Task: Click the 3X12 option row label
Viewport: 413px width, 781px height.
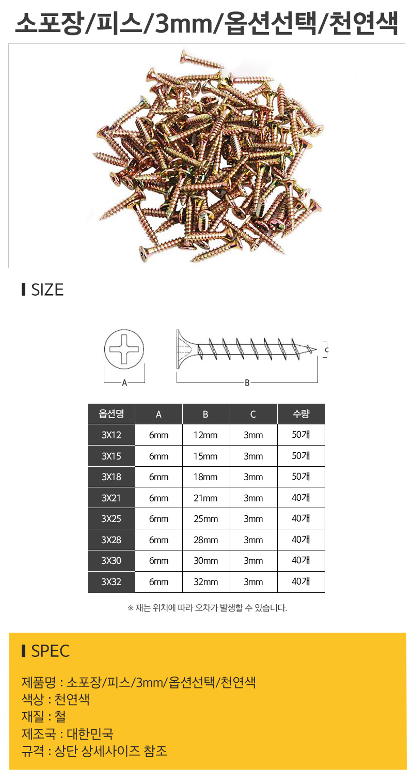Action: point(111,435)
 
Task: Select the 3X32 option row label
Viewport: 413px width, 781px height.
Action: point(111,582)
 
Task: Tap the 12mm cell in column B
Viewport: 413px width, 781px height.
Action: point(205,435)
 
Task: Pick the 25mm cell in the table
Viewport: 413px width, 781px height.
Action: point(205,519)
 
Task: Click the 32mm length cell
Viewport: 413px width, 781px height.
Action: point(205,582)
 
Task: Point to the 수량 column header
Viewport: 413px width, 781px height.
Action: point(301,414)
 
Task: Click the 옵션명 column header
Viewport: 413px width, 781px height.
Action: point(111,414)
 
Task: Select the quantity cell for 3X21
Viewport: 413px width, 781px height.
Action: point(301,498)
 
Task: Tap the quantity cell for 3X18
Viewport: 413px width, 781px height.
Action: point(301,477)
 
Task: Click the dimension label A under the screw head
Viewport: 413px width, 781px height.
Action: point(124,383)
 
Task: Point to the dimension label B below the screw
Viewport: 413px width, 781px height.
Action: point(247,383)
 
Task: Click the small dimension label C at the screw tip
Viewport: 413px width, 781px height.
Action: point(326,350)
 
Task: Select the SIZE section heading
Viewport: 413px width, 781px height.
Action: point(47,290)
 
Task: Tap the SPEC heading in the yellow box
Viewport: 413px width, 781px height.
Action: point(50,651)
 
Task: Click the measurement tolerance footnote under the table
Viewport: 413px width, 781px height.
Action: point(206,608)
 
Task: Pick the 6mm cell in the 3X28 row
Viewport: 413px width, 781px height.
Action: point(158,540)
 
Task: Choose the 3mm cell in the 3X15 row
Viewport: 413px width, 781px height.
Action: point(253,456)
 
